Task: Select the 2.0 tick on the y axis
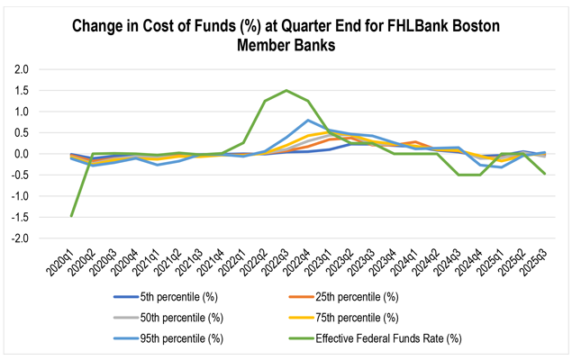(44, 69)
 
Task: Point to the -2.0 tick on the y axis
(42, 238)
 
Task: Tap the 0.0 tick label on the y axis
(44, 154)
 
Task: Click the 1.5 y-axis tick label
(44, 90)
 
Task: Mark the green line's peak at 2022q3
(286, 90)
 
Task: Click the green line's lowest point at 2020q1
(71, 216)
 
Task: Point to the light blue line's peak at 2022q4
(308, 120)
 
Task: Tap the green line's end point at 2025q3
(544, 174)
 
